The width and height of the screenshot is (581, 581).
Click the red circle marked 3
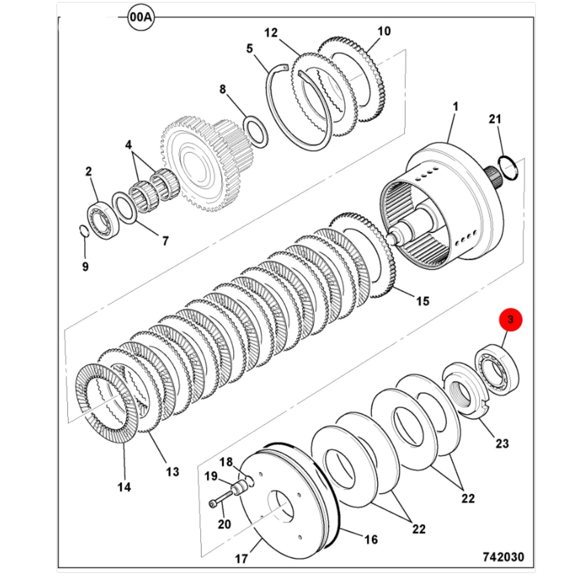click(510, 320)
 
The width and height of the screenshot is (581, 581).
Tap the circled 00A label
click(141, 17)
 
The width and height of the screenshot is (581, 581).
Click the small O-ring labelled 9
click(84, 232)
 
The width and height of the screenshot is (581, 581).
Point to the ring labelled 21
click(508, 167)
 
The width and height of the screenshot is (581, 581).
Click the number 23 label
click(502, 443)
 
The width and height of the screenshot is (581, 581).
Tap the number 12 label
click(271, 33)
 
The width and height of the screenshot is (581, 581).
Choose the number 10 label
click(384, 31)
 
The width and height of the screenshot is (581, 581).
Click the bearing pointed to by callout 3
click(497, 371)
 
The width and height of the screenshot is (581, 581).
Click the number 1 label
click(455, 107)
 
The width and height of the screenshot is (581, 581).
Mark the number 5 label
click(249, 48)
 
